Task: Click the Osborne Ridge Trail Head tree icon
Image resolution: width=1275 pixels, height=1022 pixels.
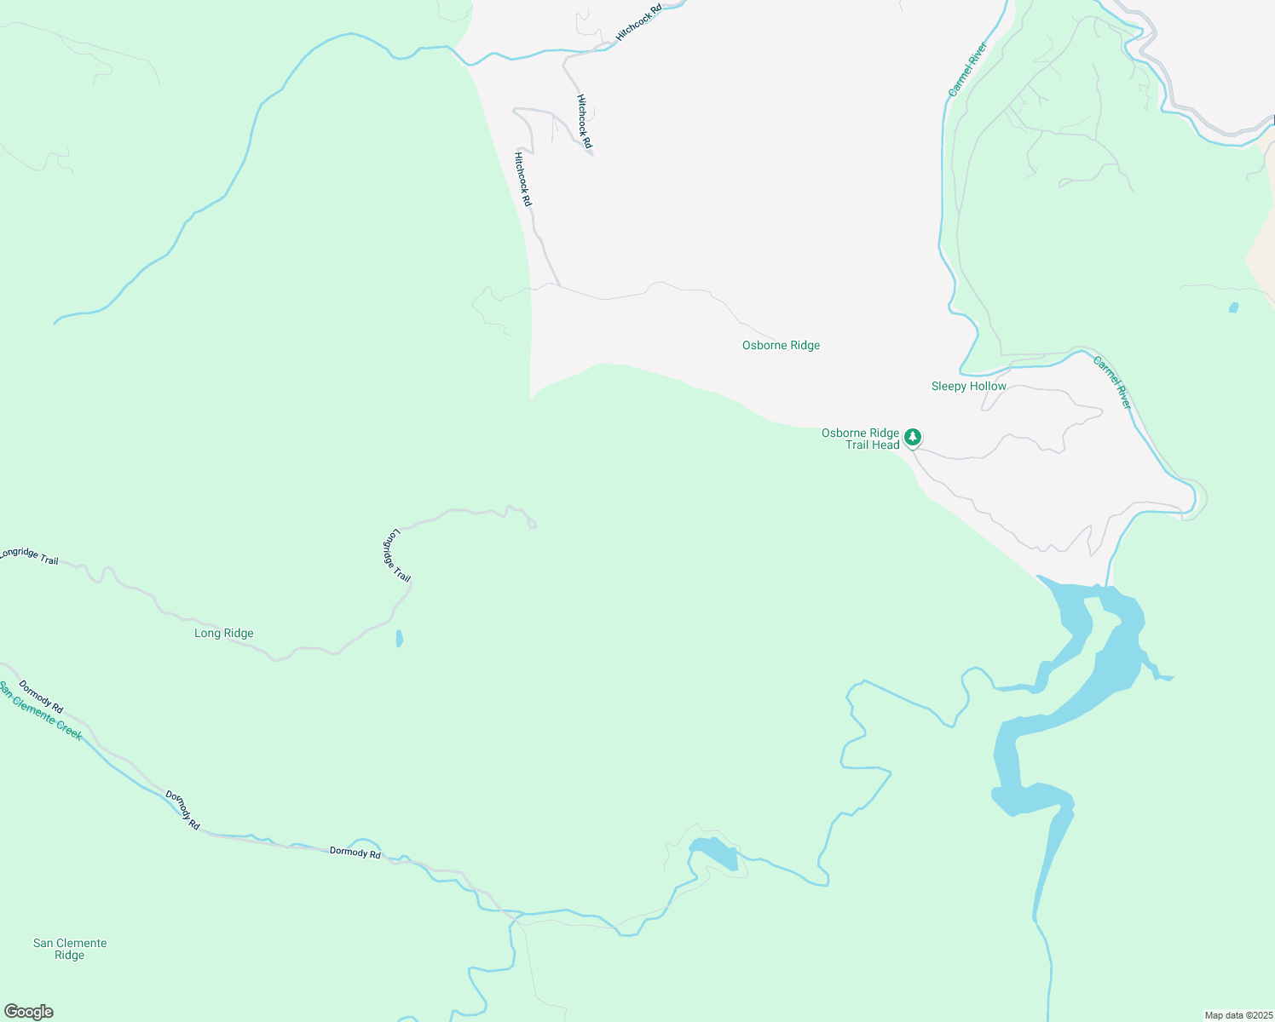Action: click(913, 437)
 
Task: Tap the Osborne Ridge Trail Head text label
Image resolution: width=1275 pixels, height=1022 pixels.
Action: click(861, 439)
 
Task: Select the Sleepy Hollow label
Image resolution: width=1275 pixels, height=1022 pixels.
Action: click(968, 386)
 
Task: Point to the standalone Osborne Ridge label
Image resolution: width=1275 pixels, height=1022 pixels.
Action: click(781, 345)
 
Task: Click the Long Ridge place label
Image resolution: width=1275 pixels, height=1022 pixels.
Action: click(224, 633)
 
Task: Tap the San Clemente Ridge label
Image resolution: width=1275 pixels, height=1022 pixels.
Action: click(70, 949)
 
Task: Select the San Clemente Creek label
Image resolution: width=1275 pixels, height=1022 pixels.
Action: click(41, 710)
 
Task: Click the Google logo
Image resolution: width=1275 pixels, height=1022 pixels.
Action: click(28, 1012)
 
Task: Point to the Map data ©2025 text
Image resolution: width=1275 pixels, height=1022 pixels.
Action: click(1237, 1015)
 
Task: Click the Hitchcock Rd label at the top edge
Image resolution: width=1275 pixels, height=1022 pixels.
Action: click(639, 23)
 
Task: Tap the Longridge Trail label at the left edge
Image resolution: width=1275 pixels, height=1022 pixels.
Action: click(29, 556)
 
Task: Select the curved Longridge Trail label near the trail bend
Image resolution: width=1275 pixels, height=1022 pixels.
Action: click(395, 556)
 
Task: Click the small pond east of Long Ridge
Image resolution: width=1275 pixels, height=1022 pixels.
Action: click(400, 638)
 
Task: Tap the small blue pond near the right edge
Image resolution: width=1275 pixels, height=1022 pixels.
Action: click(1233, 307)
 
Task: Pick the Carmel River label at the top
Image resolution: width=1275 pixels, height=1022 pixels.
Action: click(967, 69)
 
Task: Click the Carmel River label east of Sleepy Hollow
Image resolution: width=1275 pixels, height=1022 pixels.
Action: click(1112, 382)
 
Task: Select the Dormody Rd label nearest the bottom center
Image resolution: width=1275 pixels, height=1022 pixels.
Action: click(355, 853)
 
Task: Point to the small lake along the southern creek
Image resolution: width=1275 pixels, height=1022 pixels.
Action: click(716, 853)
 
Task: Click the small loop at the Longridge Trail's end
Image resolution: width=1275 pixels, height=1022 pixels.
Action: click(532, 524)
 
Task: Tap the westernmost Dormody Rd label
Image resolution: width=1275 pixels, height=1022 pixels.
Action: click(41, 697)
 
